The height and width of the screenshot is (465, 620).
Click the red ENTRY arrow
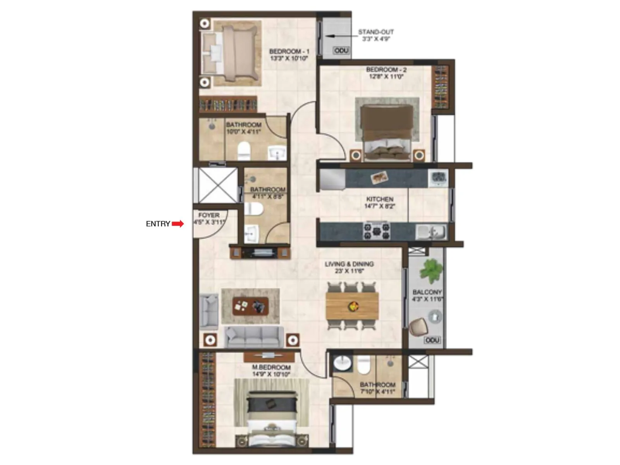pos(178,224)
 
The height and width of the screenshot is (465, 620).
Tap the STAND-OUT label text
pos(375,32)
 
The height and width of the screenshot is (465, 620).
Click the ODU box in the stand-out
pos(341,51)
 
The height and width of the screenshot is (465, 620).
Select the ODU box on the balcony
pos(432,340)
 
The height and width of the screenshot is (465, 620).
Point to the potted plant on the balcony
pos(431,270)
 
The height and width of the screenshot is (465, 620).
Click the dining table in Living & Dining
pos(352,306)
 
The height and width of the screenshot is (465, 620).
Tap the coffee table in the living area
pos(250,306)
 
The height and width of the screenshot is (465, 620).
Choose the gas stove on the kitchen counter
pos(376,231)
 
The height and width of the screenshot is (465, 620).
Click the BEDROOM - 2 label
pos(386,70)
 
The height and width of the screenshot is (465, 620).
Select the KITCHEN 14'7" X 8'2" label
pos(380,203)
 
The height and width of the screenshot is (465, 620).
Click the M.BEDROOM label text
pos(271,367)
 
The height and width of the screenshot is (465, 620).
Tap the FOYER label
pos(209,215)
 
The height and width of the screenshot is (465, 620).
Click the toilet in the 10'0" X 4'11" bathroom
pos(244,150)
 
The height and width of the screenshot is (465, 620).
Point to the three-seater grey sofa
pos(254,336)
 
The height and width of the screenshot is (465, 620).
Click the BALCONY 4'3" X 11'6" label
pos(427,295)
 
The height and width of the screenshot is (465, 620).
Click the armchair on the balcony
pos(418,327)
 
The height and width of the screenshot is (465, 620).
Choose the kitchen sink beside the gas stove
pos(431,232)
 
